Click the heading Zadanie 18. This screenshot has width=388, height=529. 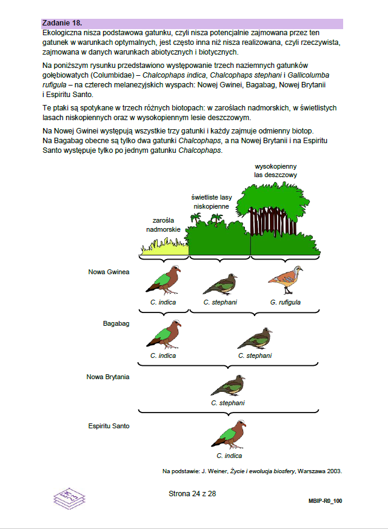click(62, 23)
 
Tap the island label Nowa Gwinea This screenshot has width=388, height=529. click(109, 272)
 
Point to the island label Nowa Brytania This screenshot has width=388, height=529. click(108, 377)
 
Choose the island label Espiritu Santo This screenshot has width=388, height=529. click(109, 426)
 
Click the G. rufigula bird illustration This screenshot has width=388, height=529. click(285, 280)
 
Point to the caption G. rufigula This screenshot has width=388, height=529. click(286, 302)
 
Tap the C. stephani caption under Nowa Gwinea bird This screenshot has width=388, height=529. click(220, 302)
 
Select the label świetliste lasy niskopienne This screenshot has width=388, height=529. click(212, 201)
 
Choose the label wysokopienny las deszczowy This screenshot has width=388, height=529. click(276, 170)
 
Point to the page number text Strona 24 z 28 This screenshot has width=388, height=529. click(192, 493)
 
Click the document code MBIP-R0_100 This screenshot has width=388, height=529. click(325, 502)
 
